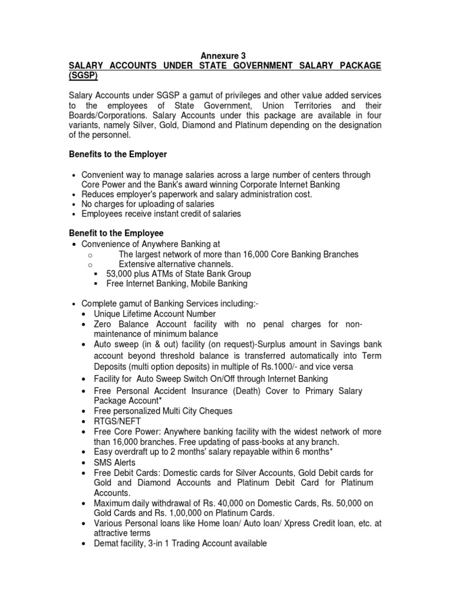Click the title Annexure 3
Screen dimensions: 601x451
click(225, 56)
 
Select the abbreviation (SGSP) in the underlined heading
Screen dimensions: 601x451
click(83, 76)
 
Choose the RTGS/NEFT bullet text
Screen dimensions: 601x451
click(117, 421)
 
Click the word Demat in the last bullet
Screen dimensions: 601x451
click(107, 543)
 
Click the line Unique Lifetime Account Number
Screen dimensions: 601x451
click(154, 314)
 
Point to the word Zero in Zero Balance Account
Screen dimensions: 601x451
click(104, 324)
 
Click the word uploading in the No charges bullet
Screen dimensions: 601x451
click(156, 204)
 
